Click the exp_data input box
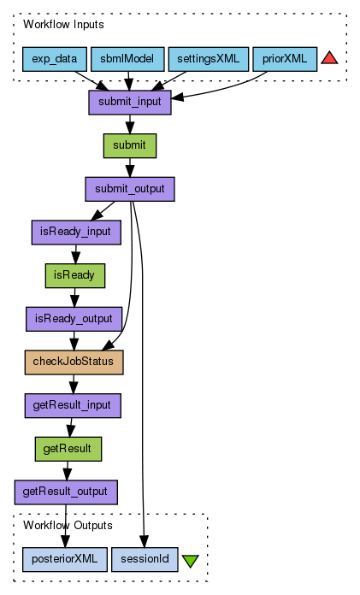pos(55,59)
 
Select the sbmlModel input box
pos(127,59)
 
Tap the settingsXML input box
pos(209,59)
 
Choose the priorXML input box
pos(285,59)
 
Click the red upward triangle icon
pos(329,58)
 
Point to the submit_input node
pos(130,103)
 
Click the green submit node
pos(130,145)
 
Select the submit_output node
pos(130,189)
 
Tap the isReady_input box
pos(76,233)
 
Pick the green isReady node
pos(74,275)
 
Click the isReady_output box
pos(74,319)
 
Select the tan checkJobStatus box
pos(74,362)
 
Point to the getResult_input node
pos(73,406)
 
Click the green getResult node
pos(68,449)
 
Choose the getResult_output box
pos(66,492)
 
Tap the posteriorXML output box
pos(64,559)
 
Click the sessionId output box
pos(145,559)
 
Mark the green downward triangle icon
pos(190,561)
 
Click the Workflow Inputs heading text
pos(63,25)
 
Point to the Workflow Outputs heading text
pos(68,525)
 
